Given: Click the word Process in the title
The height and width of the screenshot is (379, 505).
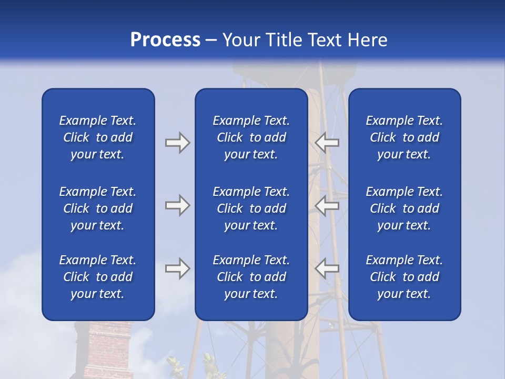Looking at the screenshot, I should pyautogui.click(x=165, y=40).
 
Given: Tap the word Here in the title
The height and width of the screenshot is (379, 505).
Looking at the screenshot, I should pyautogui.click(x=367, y=40).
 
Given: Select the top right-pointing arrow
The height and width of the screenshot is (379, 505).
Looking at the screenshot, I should pyautogui.click(x=177, y=143).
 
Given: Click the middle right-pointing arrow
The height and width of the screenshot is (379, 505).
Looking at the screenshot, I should pyautogui.click(x=177, y=205).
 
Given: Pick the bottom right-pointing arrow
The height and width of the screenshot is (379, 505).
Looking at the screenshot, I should pyautogui.click(x=177, y=268).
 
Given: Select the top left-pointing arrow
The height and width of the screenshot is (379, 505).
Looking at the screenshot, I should pyautogui.click(x=327, y=142).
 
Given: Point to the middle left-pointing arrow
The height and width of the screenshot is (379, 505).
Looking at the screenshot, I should pyautogui.click(x=327, y=205).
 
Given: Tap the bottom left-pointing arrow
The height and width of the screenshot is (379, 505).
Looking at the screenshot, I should pyautogui.click(x=327, y=268).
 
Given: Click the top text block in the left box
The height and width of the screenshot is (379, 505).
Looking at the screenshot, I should pyautogui.click(x=98, y=137).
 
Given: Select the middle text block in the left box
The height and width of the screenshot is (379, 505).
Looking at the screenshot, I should pyautogui.click(x=98, y=208).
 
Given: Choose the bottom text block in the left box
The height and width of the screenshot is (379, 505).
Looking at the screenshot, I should pyautogui.click(x=98, y=277).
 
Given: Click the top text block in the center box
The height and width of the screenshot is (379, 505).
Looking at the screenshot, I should pyautogui.click(x=251, y=137).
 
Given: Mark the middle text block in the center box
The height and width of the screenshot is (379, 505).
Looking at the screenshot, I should pyautogui.click(x=251, y=208).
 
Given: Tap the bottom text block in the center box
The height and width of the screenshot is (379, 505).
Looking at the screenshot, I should pyautogui.click(x=251, y=277).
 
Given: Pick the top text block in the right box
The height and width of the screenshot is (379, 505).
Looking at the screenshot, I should pyautogui.click(x=404, y=137).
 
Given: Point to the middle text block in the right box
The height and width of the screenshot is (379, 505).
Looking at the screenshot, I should pyautogui.click(x=404, y=208).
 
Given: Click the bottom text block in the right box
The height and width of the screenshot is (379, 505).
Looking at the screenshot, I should pyautogui.click(x=404, y=277).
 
